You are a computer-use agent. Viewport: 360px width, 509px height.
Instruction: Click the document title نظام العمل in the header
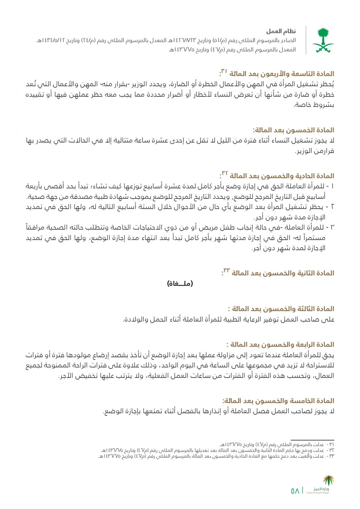(x=281, y=31)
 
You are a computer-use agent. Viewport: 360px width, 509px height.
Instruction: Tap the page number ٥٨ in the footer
(x=295, y=491)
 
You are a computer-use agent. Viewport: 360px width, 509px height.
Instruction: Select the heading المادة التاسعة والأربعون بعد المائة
(x=282, y=74)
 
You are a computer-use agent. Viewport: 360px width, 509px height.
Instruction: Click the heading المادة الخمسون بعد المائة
(x=293, y=130)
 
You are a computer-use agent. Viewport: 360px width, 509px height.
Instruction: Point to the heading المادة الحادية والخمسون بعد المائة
(x=282, y=176)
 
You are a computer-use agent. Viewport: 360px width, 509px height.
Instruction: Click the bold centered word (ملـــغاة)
(x=180, y=284)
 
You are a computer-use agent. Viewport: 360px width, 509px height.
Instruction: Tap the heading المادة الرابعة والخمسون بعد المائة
(x=282, y=345)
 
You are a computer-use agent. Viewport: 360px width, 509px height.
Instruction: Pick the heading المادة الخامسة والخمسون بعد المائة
(x=279, y=401)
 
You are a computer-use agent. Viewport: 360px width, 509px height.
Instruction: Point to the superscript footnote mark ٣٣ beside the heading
(x=226, y=271)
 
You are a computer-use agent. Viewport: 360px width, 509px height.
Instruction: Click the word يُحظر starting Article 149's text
(x=327, y=85)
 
